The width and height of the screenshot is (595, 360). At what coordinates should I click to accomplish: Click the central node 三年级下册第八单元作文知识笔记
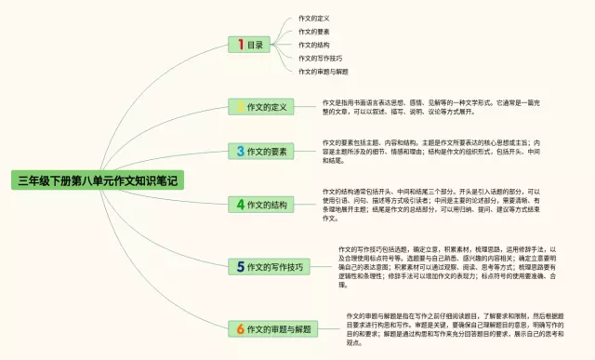tap(97, 180)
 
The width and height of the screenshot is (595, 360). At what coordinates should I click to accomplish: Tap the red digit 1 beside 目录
tap(240, 44)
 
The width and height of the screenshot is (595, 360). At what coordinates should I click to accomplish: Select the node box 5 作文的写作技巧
tap(269, 267)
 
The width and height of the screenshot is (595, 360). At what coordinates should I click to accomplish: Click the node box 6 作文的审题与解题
tap(274, 328)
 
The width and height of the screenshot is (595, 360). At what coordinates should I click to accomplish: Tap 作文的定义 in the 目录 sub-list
tap(314, 18)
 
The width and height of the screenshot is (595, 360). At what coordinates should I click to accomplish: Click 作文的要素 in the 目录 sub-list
tap(314, 31)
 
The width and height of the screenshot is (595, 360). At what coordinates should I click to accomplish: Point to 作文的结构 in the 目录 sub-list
tap(314, 44)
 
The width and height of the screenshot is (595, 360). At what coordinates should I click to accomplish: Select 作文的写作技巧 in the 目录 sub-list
tap(319, 57)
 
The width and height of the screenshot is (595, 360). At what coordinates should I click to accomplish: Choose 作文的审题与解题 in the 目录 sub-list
tap(323, 71)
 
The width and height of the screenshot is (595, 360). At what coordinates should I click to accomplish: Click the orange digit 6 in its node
tap(240, 328)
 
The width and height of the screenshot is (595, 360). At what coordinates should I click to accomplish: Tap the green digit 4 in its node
tap(240, 205)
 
